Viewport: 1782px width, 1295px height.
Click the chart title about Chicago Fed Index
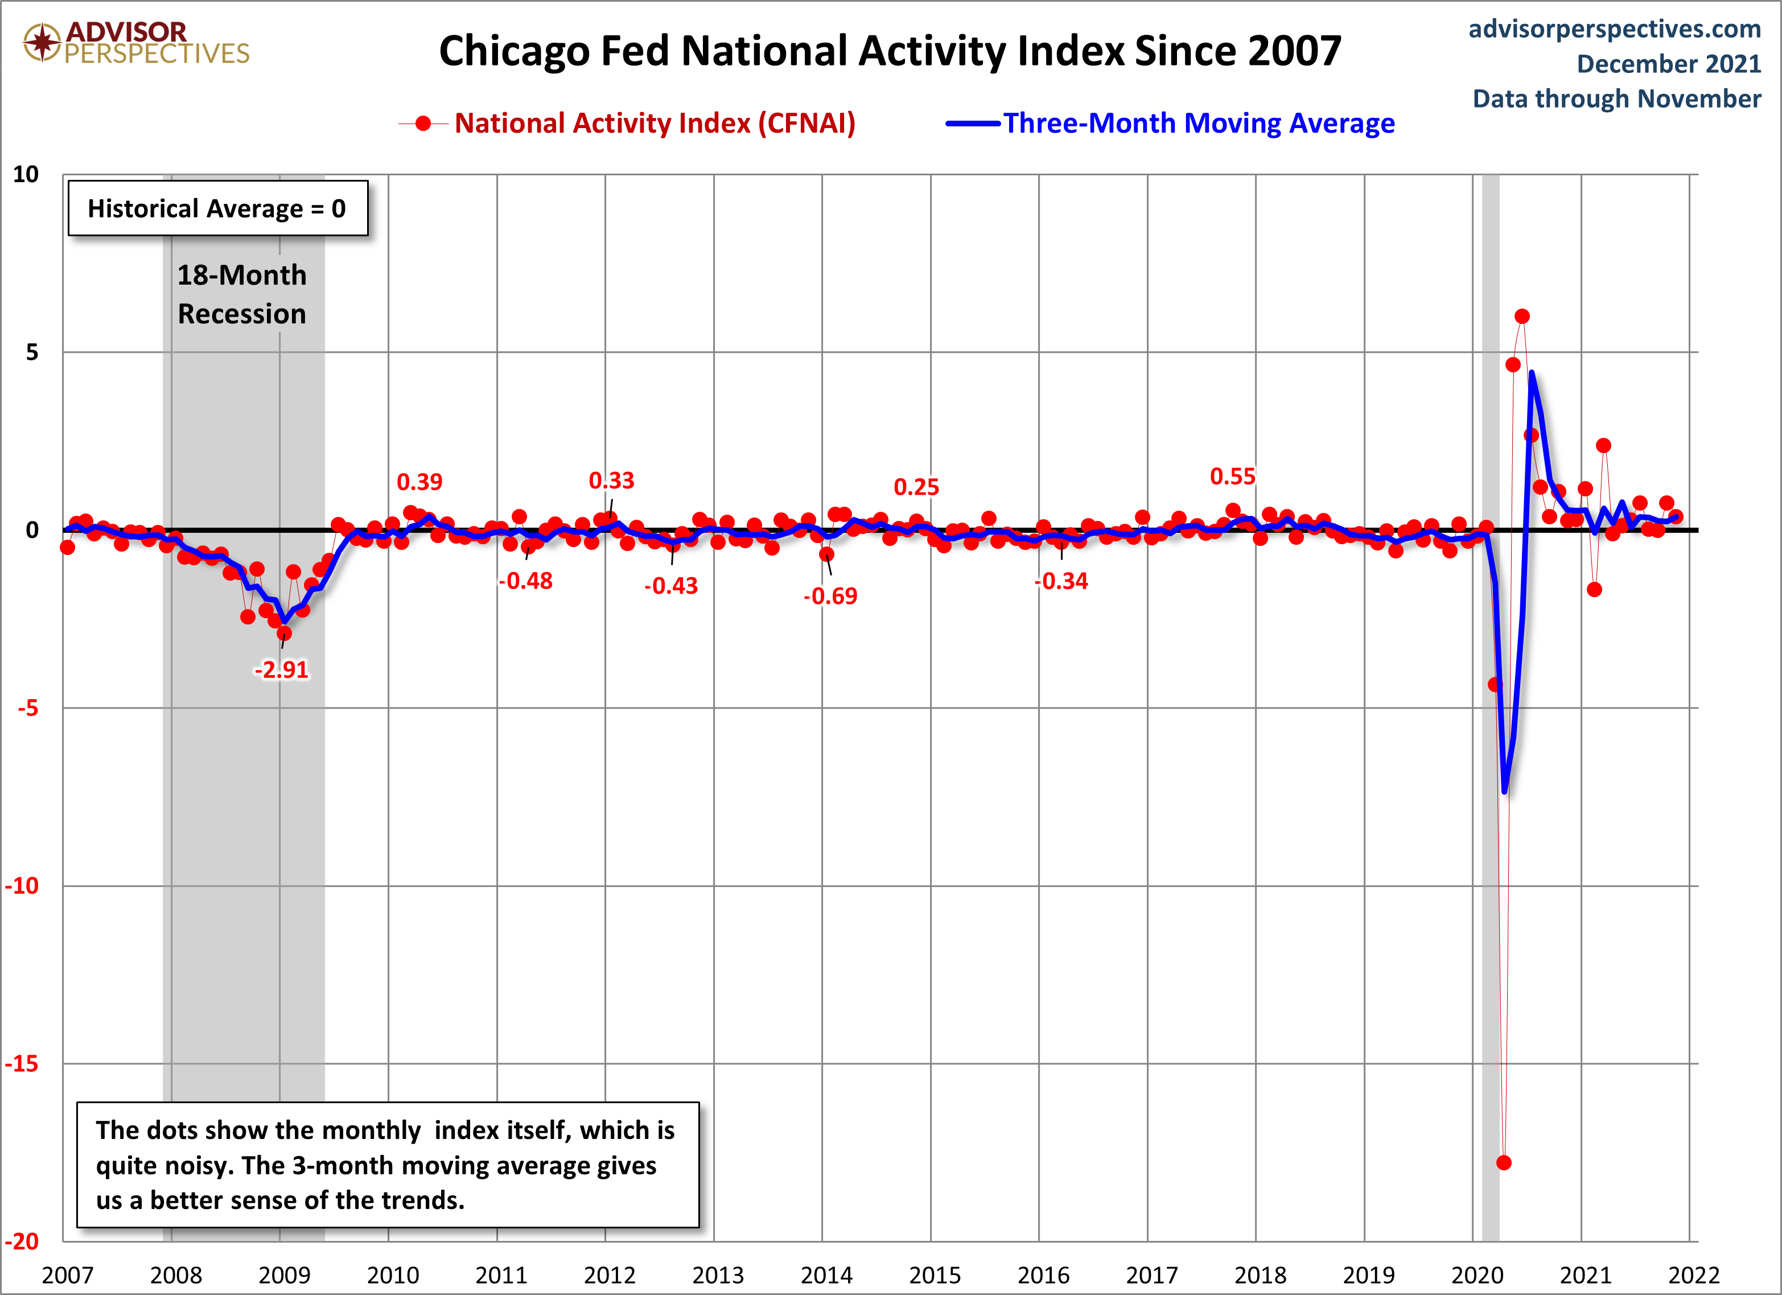pos(890,51)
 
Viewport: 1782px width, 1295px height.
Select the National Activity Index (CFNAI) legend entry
pos(627,124)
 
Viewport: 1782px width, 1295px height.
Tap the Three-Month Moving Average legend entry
pos(1170,124)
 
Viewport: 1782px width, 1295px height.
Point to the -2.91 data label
pos(281,669)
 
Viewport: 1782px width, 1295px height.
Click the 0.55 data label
pos(1232,476)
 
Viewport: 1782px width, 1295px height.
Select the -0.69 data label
pos(830,595)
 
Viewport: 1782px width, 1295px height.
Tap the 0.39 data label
pos(419,482)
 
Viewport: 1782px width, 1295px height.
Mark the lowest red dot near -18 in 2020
pos(1504,1162)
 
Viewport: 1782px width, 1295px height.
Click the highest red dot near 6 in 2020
pos(1522,316)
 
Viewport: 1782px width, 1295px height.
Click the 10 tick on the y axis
pos(26,174)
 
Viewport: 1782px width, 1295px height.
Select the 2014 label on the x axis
pos(826,1275)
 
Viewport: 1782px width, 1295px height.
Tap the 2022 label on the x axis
pos(1693,1275)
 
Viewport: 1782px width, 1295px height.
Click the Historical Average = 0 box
pos(217,208)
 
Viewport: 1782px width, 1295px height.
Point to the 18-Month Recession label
pos(242,294)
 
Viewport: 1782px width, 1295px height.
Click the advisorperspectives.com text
pos(1615,29)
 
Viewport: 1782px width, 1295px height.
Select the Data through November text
pos(1617,99)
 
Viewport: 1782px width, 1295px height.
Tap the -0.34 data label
pos(1061,582)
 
